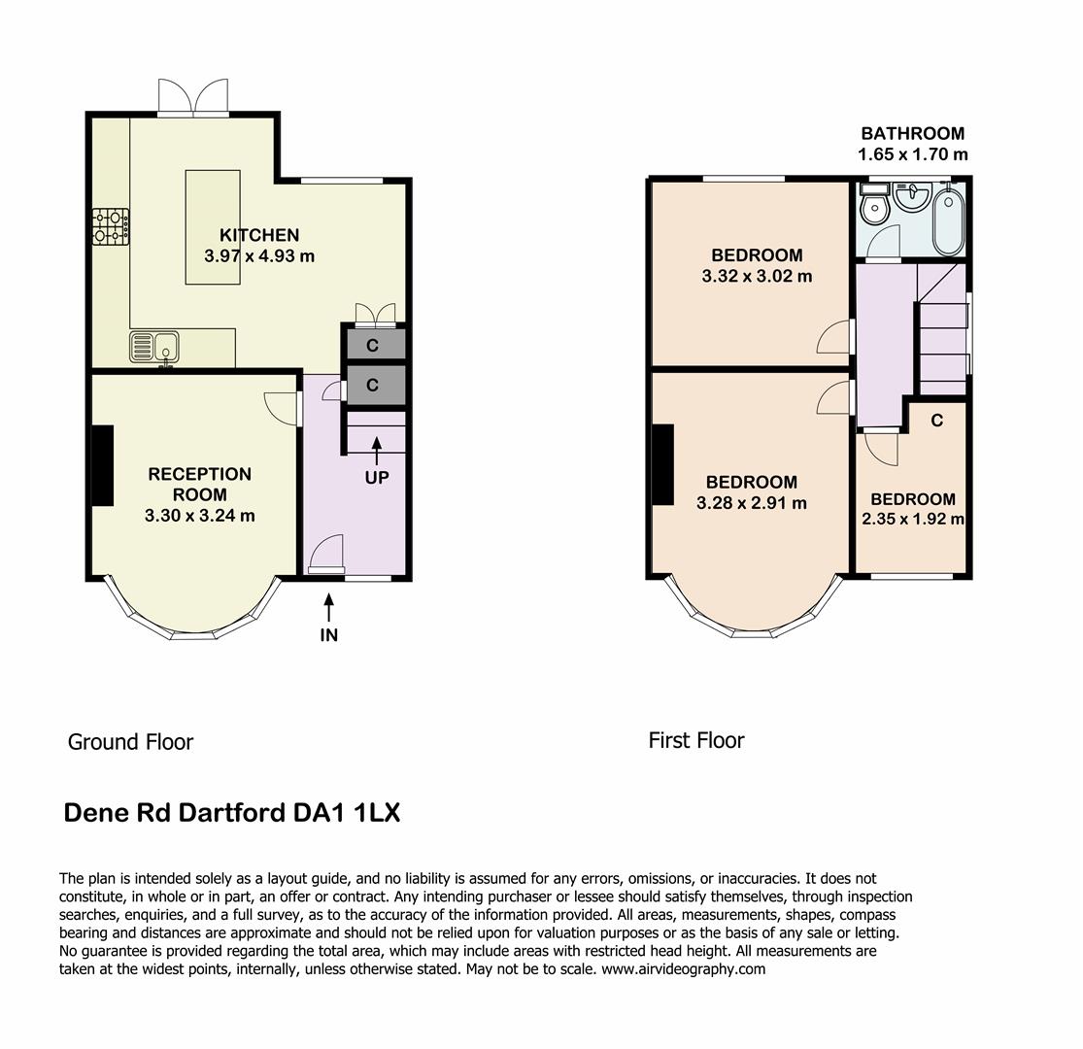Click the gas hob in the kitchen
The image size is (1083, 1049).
(111, 227)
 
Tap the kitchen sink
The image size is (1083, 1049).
(154, 347)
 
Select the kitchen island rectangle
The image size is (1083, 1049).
(213, 227)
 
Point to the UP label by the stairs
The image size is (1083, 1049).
(377, 477)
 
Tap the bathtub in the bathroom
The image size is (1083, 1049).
(948, 221)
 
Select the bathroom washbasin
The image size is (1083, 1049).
(912, 195)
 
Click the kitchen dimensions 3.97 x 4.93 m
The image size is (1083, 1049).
(259, 256)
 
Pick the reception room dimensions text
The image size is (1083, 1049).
(200, 515)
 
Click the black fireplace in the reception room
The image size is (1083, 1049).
(103, 465)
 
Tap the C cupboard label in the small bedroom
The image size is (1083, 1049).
(936, 420)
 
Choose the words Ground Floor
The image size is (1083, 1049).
(130, 742)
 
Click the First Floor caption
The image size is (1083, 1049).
(696, 740)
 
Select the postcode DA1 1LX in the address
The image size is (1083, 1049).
(347, 812)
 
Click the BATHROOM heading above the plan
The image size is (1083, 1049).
(912, 133)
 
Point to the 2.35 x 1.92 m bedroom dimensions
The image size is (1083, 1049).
(912, 519)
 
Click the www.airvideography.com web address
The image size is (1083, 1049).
(683, 969)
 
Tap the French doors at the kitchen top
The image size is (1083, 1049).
(192, 97)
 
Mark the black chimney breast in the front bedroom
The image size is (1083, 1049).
(663, 464)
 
